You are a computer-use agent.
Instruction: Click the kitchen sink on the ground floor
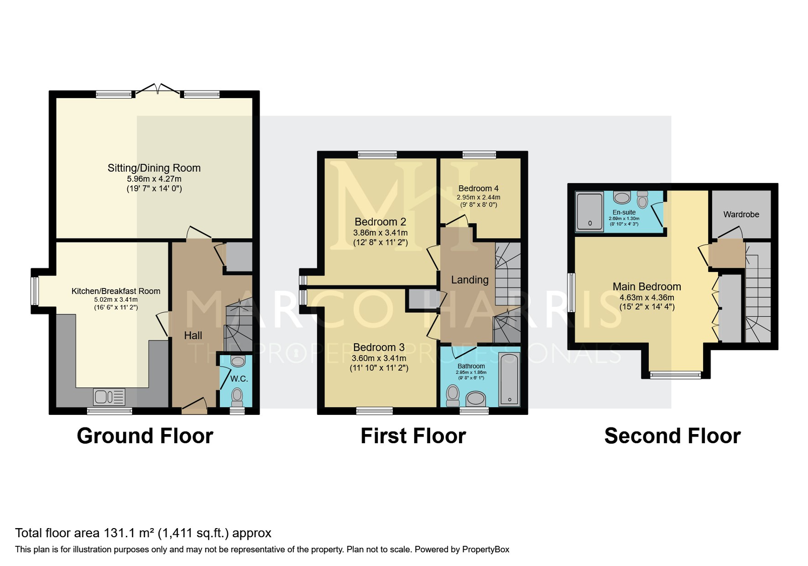tap(109, 397)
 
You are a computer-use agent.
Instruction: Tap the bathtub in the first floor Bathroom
tap(509, 380)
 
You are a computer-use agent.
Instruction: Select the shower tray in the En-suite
tap(589, 212)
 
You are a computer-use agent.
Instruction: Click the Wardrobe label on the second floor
tap(741, 214)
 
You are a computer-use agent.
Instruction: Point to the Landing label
tap(470, 280)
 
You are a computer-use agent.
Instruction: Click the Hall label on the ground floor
tap(193, 336)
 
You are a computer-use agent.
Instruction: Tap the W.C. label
tap(239, 379)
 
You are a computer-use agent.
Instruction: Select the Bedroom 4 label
tap(478, 188)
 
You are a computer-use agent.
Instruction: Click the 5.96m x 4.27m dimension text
tap(154, 179)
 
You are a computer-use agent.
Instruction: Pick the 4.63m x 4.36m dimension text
tap(647, 298)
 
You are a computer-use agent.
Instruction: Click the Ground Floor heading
tap(145, 436)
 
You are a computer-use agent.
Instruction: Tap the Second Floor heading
tap(672, 436)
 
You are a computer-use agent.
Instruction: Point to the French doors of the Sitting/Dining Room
tap(158, 90)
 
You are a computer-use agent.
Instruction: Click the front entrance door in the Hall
tap(194, 406)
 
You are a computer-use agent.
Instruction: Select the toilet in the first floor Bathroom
tap(452, 396)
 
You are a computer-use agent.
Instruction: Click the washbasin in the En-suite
tap(622, 198)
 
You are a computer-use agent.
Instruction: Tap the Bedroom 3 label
tap(379, 347)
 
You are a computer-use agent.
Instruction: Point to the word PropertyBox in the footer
tap(485, 550)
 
